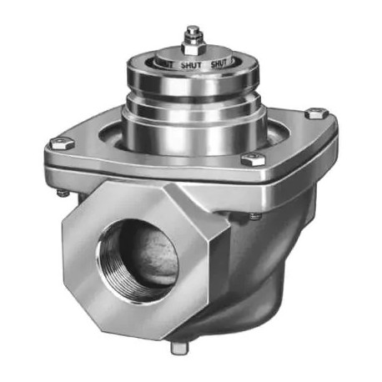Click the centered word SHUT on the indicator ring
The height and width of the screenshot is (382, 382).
point(191,62)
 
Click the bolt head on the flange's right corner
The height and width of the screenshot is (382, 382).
point(314,114)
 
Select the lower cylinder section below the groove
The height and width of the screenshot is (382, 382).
point(193,129)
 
